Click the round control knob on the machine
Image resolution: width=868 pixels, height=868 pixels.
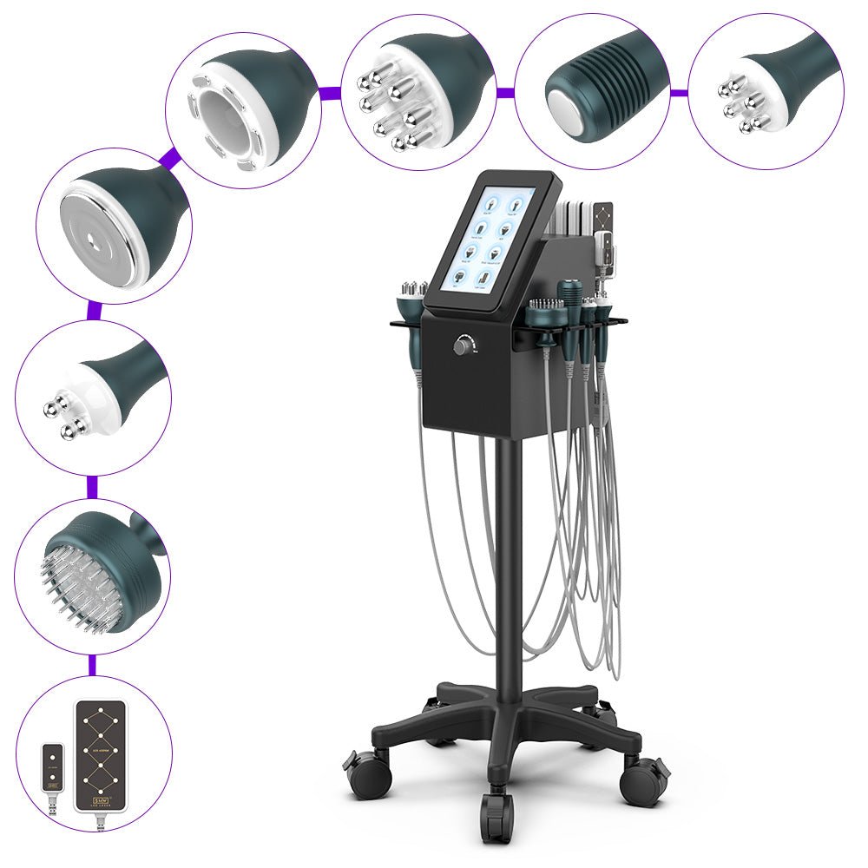[x=460, y=345]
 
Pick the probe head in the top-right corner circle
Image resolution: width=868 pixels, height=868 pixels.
[x=755, y=95]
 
